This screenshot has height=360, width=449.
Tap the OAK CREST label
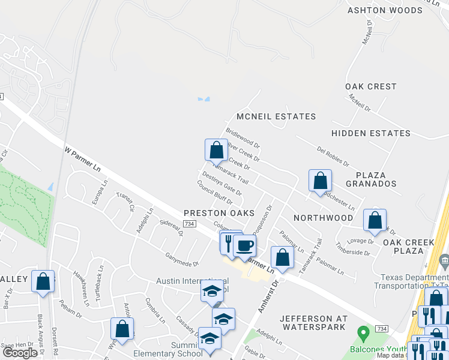(371, 86)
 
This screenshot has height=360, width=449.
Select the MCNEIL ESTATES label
(276, 116)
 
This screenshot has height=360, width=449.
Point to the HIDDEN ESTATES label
(371, 133)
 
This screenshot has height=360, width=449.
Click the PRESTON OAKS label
(219, 213)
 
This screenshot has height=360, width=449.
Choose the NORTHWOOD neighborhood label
(324, 217)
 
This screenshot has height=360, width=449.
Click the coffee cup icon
(244, 245)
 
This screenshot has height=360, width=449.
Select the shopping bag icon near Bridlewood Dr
(216, 149)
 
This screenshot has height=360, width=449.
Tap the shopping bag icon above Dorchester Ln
(321, 180)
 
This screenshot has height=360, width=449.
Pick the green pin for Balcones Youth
(363, 332)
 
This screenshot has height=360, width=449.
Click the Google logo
(20, 353)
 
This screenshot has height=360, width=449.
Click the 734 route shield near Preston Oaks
(190, 224)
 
